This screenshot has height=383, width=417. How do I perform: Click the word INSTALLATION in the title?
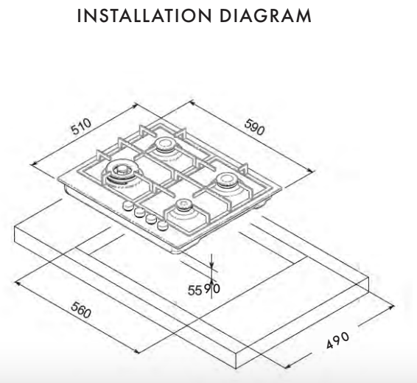click(x=144, y=15)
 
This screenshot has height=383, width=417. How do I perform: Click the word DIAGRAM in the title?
click(x=265, y=15)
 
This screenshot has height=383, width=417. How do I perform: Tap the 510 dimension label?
click(x=81, y=127)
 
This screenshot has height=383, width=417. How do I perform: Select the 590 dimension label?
click(x=255, y=127)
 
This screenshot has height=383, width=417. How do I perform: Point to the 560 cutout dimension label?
click(x=81, y=309)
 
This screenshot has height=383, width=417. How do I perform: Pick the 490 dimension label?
click(x=337, y=340)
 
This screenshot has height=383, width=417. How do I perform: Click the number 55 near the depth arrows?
click(x=195, y=290)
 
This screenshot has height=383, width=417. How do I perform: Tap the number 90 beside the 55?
click(x=212, y=289)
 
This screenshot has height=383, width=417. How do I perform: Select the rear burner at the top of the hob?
click(x=166, y=146)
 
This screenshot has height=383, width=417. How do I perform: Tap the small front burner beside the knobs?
click(x=183, y=206)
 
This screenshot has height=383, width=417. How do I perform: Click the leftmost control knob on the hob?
click(x=127, y=206)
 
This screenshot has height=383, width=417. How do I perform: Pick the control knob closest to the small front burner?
click(x=163, y=225)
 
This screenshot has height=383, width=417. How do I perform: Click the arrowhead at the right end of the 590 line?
click(x=312, y=171)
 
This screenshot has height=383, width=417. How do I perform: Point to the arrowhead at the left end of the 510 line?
click(x=34, y=165)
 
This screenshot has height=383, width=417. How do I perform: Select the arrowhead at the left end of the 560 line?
click(x=18, y=284)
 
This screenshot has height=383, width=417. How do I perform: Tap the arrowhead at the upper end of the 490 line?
click(x=391, y=308)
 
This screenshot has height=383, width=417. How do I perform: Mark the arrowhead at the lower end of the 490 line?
click(x=287, y=367)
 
